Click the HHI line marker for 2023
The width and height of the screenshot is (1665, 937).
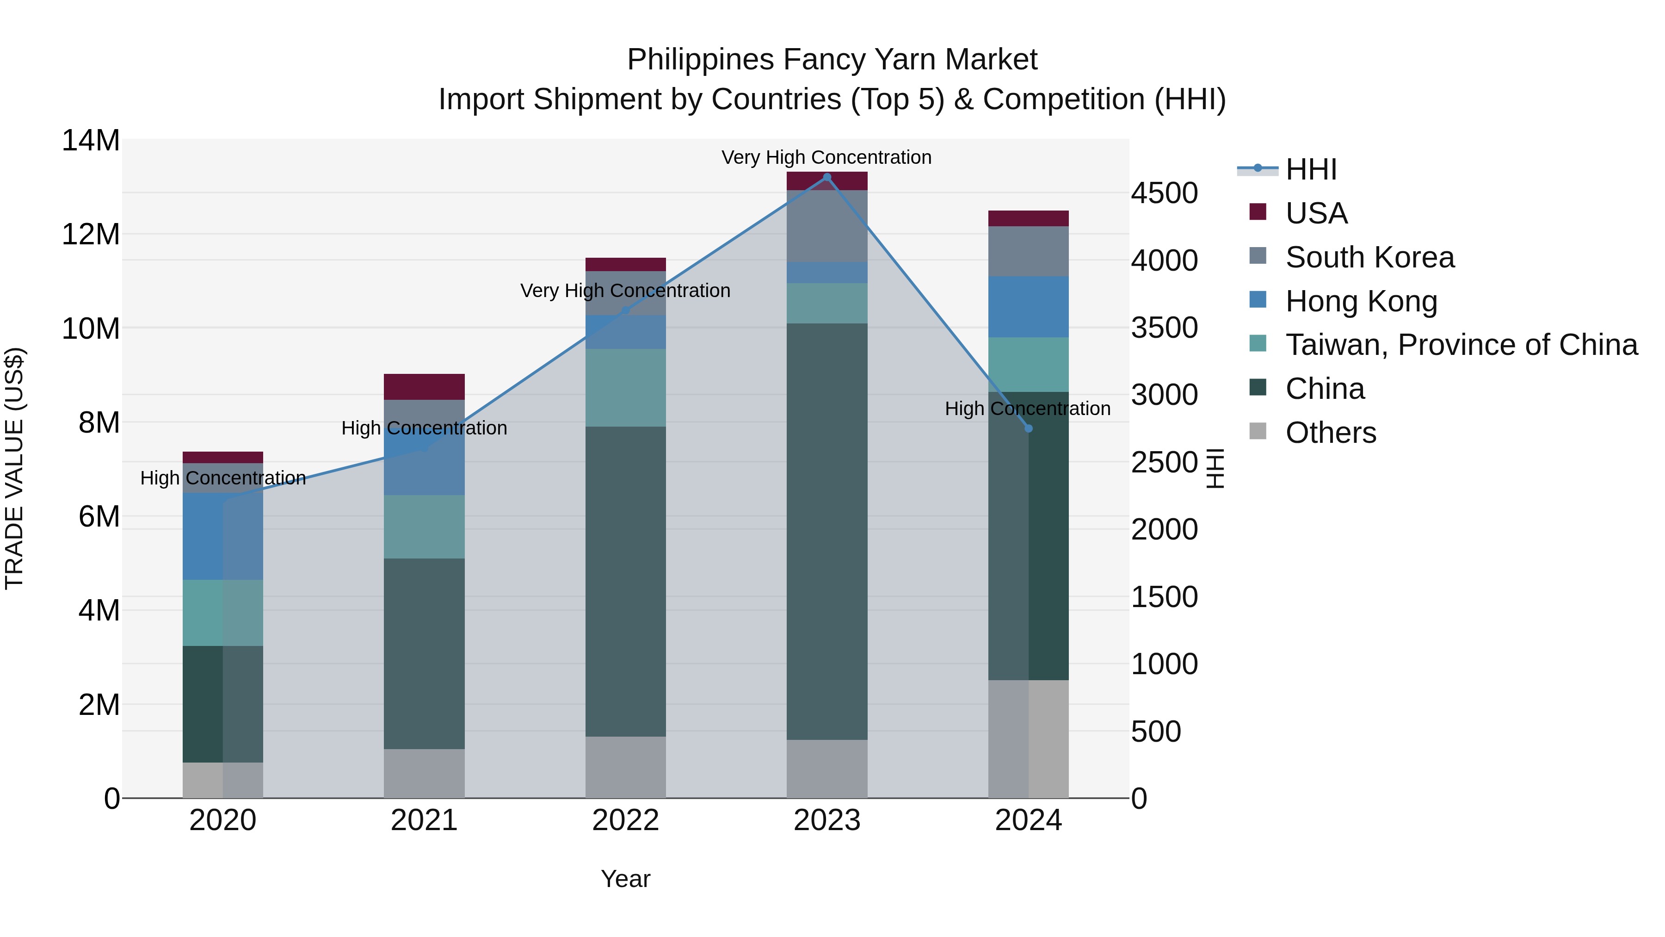click(826, 177)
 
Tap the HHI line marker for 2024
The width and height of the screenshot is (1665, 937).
click(1028, 428)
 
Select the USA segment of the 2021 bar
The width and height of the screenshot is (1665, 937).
click(424, 387)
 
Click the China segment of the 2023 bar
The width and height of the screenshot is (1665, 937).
click(826, 531)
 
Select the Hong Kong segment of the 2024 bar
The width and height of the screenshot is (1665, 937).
click(1028, 306)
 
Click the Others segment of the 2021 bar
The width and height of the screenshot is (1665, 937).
click(424, 773)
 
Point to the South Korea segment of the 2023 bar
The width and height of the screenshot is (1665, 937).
click(826, 226)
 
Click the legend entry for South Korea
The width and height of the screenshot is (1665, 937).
click(1369, 257)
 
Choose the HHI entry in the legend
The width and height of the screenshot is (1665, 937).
click(1310, 169)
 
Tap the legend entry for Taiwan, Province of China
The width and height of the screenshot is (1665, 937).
click(1461, 345)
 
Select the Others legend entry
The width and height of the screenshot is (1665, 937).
click(1330, 433)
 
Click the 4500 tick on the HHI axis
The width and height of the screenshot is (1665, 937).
click(1164, 192)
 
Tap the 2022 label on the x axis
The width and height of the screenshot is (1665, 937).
click(625, 820)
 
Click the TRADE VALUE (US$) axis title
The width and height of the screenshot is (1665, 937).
click(14, 468)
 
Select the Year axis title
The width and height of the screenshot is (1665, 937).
click(625, 879)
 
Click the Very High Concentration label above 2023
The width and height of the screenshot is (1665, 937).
click(826, 157)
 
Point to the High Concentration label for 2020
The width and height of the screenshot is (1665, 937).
click(223, 478)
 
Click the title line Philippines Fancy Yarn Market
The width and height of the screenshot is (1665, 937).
click(832, 60)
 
